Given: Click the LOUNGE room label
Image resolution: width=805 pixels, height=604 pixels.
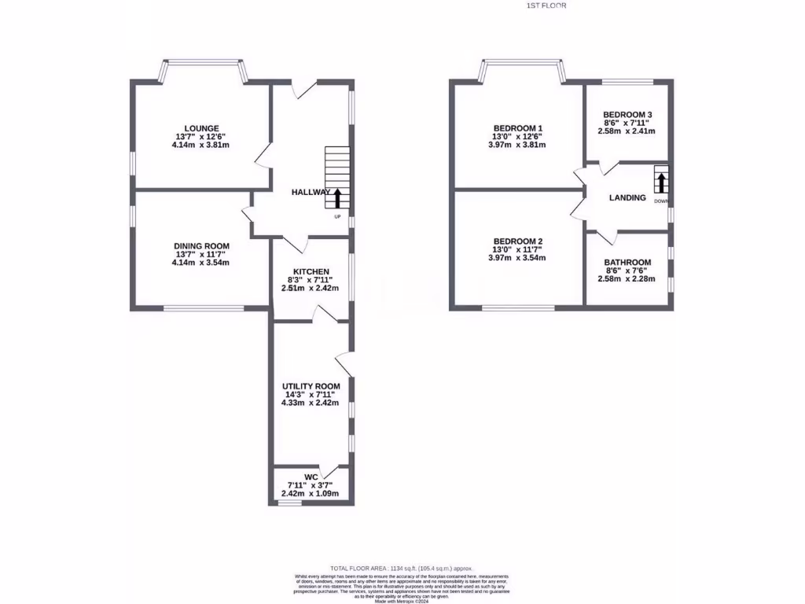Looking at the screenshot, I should pyautogui.click(x=201, y=128).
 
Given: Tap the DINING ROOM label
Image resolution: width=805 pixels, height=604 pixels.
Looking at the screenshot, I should pyautogui.click(x=201, y=246).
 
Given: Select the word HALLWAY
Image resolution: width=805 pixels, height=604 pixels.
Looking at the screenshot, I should pyautogui.click(x=311, y=192).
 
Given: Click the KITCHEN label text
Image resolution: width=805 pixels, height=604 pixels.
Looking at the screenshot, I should pyautogui.click(x=311, y=271).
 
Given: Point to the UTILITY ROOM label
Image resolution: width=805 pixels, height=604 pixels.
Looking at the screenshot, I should pyautogui.click(x=311, y=386).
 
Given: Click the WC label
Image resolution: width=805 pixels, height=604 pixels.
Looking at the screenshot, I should pyautogui.click(x=311, y=477).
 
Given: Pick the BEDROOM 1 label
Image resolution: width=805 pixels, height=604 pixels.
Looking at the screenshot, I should pyautogui.click(x=517, y=128).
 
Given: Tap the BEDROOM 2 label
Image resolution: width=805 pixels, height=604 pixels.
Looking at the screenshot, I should pyautogui.click(x=517, y=241).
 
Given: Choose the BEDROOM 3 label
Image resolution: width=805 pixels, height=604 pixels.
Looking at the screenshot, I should pyautogui.click(x=627, y=114).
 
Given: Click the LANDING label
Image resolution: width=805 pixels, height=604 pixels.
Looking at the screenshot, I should pyautogui.click(x=627, y=197).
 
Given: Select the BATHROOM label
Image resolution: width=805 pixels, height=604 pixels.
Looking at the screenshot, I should pyautogui.click(x=627, y=263).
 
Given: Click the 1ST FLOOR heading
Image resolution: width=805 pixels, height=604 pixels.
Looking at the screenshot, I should pyautogui.click(x=546, y=6).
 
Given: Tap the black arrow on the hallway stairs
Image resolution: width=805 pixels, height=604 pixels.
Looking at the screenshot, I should pyautogui.click(x=338, y=197).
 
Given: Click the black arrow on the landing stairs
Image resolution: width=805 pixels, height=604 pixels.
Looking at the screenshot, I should pyautogui.click(x=661, y=182).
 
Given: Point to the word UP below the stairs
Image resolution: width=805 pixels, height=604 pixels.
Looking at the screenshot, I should pyautogui.click(x=338, y=216).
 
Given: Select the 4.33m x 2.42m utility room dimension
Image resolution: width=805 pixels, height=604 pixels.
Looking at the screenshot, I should pyautogui.click(x=311, y=403).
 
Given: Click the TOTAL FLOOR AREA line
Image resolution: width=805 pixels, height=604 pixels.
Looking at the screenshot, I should pyautogui.click(x=402, y=567).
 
